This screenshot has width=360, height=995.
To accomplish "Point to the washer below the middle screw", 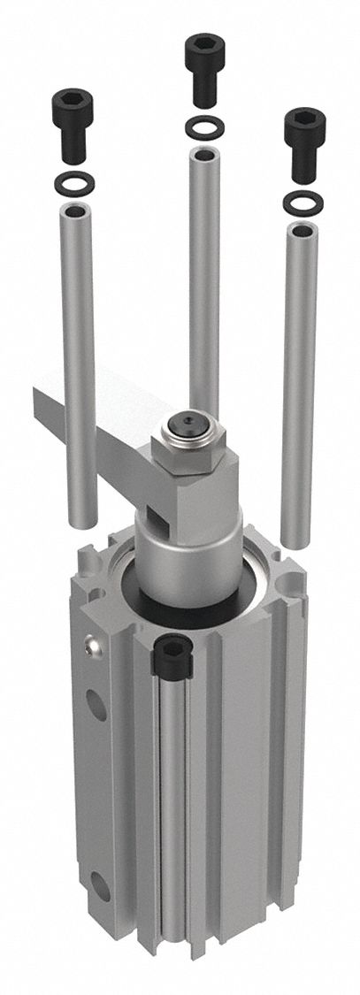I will pyautogui.click(x=203, y=129).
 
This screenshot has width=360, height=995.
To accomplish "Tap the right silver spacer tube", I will pyautogui.click(x=300, y=380).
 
